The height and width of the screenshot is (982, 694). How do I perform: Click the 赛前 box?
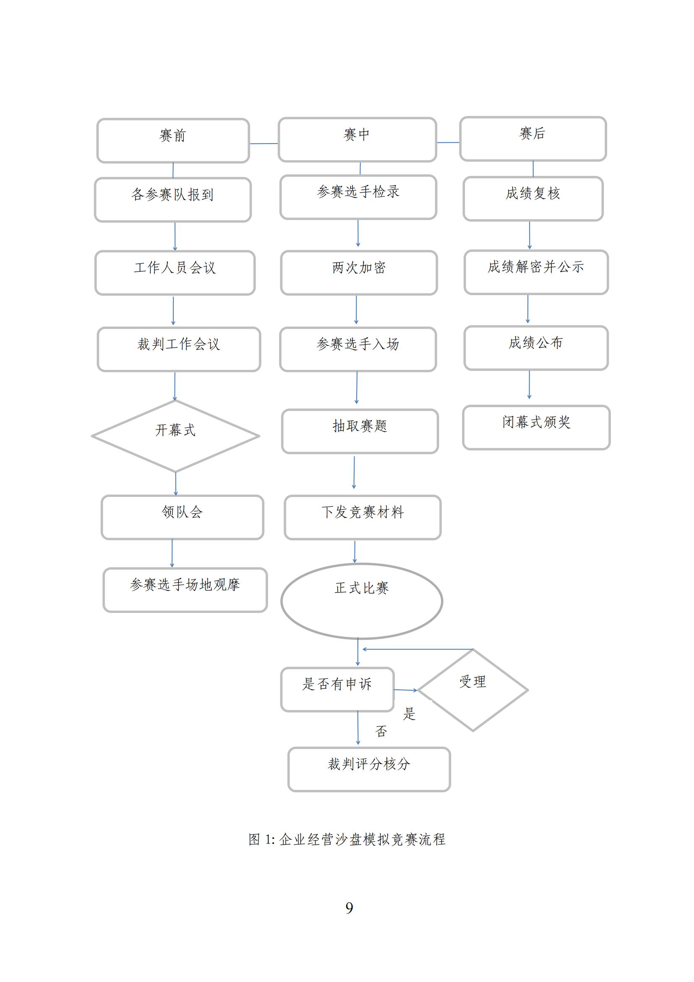click(173, 141)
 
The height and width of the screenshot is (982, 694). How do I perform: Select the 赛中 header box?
click(357, 140)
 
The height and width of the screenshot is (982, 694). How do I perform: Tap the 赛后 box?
click(533, 139)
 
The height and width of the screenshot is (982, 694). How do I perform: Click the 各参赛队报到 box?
click(172, 200)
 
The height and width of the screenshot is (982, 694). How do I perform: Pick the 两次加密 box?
click(359, 273)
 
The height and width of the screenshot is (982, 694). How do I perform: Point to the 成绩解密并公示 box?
click(536, 272)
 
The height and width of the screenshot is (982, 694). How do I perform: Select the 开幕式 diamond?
click(176, 436)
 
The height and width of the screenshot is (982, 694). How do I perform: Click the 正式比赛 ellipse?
click(362, 601)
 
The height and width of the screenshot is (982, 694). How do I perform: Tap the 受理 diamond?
click(473, 690)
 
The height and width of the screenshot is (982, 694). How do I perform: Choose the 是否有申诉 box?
click(337, 689)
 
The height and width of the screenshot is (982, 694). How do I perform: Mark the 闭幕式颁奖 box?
click(536, 428)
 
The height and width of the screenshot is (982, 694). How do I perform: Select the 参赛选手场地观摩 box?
click(185, 590)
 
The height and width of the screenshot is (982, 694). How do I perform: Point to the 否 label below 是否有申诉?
click(381, 731)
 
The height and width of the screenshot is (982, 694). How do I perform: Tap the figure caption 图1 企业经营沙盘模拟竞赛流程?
click(347, 839)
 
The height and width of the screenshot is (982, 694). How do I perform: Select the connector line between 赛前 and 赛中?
click(264, 144)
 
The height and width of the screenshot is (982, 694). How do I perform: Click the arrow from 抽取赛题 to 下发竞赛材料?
click(354, 473)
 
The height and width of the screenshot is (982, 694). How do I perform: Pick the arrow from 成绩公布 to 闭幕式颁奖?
click(530, 385)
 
